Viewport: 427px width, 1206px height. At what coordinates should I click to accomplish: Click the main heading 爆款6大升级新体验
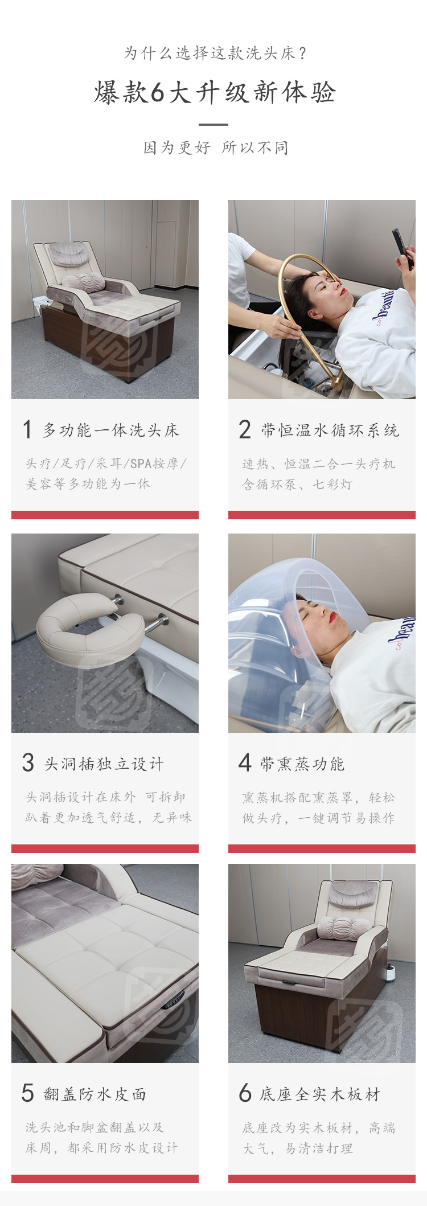pos(215,92)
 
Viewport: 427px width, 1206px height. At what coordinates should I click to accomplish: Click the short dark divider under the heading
pos(213,124)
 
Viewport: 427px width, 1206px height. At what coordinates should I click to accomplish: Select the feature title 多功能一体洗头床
pos(111,430)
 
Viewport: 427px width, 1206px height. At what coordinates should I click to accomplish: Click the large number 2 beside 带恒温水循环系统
pos(245,429)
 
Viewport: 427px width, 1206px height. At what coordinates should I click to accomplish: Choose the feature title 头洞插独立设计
pos(104,764)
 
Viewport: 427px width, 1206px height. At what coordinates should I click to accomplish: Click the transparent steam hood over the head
pos(296,643)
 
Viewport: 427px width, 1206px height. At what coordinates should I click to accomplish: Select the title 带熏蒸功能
pos(302,764)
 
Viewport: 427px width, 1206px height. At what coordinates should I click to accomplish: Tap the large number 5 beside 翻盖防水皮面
pos(28,1093)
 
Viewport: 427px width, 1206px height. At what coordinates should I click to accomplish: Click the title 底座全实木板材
pos(320,1094)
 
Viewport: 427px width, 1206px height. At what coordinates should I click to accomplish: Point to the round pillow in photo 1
pos(84,282)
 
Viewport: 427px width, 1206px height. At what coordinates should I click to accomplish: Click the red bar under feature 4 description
pos(322,848)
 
